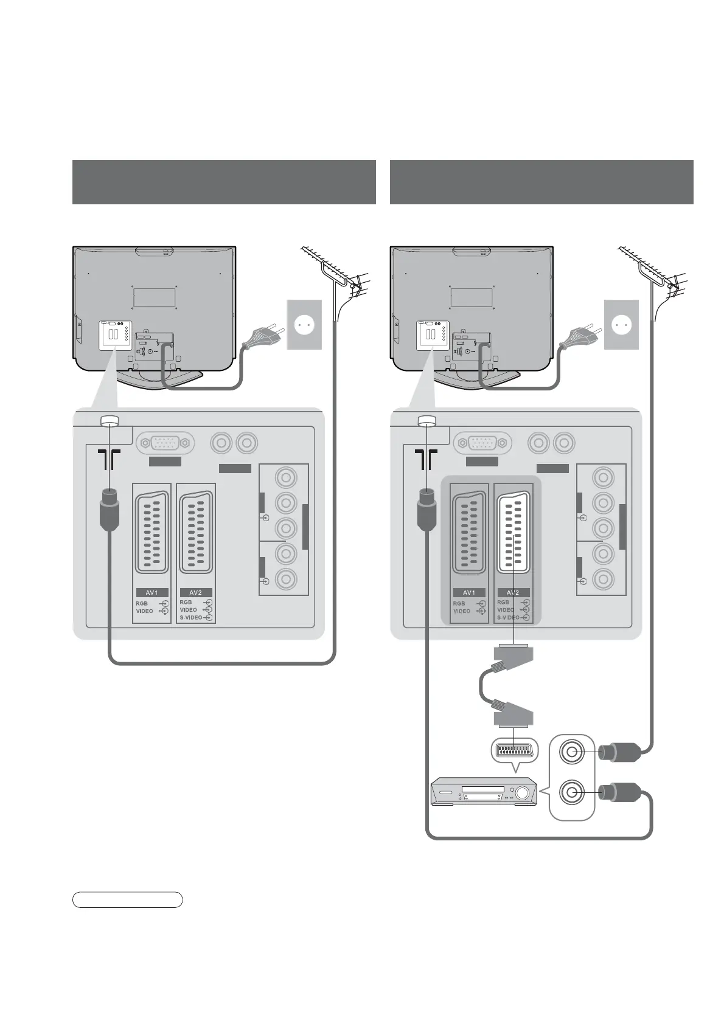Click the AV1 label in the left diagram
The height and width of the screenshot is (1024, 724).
151,592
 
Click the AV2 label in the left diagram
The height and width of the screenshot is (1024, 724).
195,592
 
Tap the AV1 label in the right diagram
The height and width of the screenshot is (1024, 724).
469,592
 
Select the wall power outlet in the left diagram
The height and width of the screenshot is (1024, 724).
304,325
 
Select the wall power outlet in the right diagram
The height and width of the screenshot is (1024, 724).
621,325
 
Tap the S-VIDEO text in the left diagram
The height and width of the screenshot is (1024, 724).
190,618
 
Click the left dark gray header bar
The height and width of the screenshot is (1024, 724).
224,182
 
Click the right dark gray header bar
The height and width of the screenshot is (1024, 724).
541,182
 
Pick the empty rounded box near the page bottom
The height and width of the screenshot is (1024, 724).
128,900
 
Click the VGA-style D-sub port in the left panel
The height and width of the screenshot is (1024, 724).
165,444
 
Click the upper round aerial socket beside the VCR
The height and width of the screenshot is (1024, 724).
571,753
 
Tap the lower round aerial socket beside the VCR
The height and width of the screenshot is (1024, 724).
571,792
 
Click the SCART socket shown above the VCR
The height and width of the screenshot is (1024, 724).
514,752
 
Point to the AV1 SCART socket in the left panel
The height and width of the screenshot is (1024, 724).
152,532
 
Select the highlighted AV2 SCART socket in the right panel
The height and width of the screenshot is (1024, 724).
513,532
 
